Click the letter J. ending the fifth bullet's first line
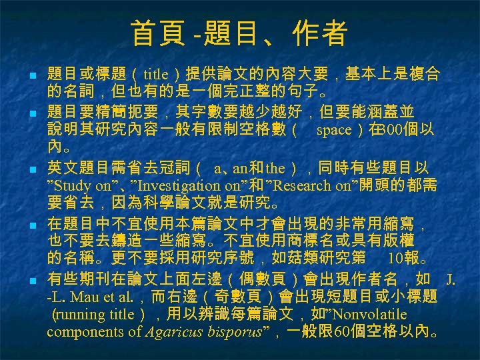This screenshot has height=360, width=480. (451, 277)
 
